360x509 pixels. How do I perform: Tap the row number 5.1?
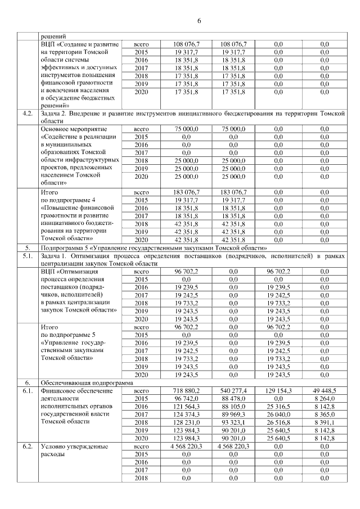tap(26, 256)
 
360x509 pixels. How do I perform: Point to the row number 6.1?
tap(26, 390)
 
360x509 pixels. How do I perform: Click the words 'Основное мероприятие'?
tap(74, 129)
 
